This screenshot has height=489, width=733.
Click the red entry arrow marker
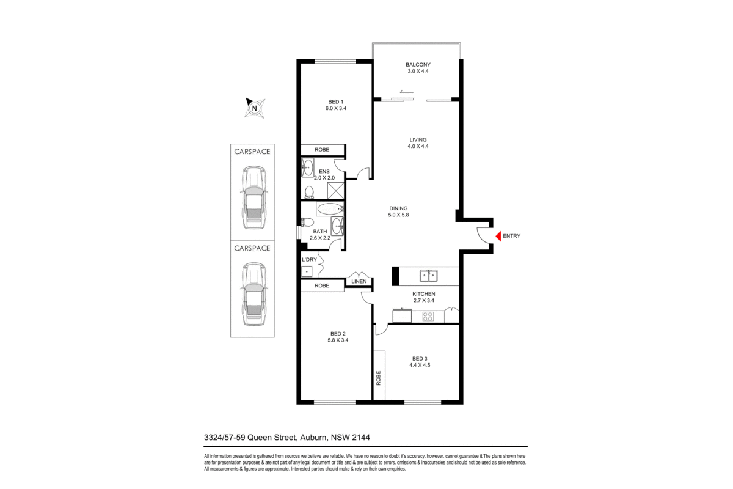point(498,236)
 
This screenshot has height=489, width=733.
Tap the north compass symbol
point(255,108)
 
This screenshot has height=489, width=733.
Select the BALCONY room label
point(418,65)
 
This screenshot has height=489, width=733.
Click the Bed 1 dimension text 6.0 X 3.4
point(336,108)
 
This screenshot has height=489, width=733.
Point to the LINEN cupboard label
point(359,281)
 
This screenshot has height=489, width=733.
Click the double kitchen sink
point(429,276)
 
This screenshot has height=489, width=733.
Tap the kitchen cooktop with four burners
point(428,317)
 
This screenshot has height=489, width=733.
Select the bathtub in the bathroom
point(330,209)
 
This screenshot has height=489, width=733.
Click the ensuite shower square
point(336,191)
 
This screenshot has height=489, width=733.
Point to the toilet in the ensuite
point(309,193)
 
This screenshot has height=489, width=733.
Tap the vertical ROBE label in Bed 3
point(379,378)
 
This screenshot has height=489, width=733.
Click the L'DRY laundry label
point(309,260)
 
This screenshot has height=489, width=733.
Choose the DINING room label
point(398,208)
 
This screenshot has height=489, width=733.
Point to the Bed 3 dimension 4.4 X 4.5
point(420,365)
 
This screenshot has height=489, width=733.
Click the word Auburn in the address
point(314,438)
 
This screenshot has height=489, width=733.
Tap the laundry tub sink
point(307,272)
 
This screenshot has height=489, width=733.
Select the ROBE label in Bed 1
point(322,150)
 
